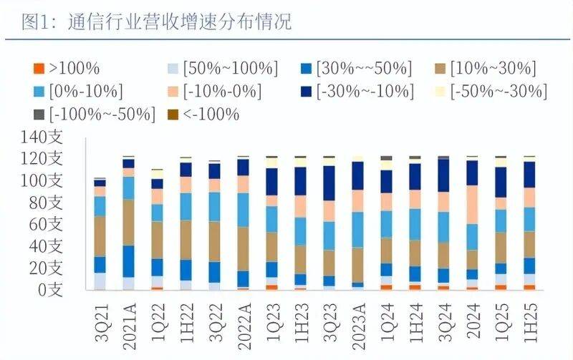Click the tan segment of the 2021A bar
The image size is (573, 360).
128,222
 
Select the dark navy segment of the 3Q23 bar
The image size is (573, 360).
329,183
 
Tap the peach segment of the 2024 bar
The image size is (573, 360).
472,205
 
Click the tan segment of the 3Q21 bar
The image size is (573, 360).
100,236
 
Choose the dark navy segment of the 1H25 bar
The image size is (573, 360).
529,175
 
